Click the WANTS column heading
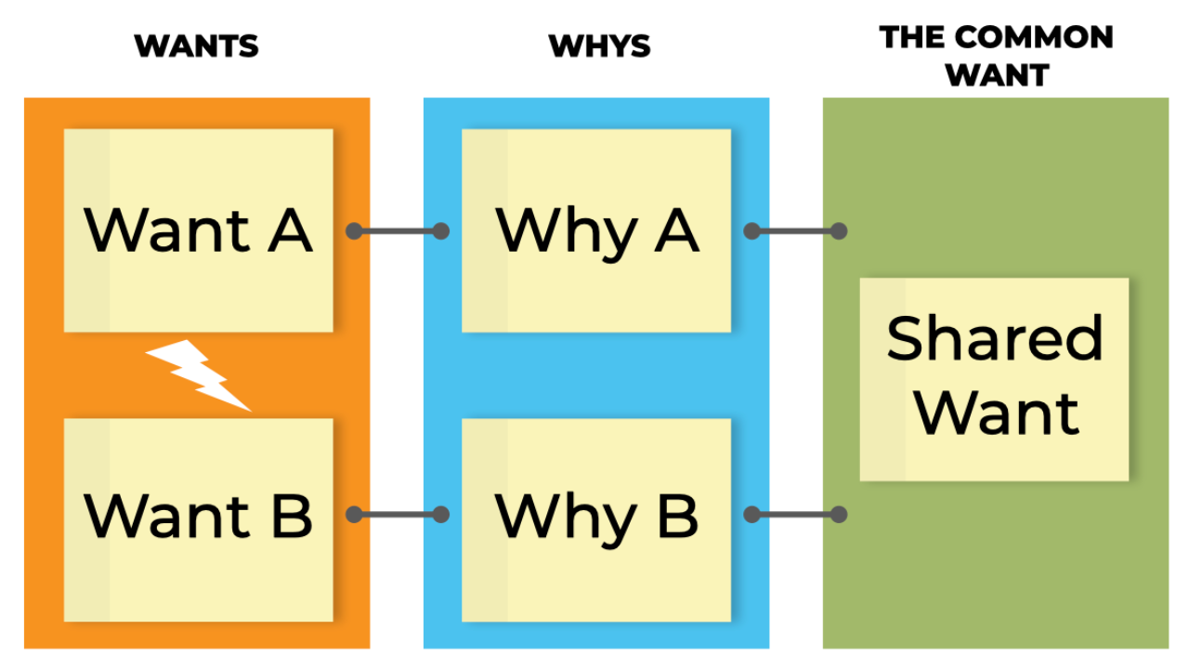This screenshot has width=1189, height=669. pos(196,46)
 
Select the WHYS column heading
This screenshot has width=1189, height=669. pos(599,46)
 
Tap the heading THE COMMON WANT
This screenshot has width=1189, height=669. pos(997,56)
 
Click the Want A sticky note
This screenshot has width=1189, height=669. pos(199,230)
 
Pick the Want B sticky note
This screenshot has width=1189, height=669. pos(199,519)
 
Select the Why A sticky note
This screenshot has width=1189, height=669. pos(596,230)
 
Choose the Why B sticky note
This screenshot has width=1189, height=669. pos(596,519)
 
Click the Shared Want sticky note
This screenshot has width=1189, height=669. pos(994,379)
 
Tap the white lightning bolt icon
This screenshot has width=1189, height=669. pos(199,374)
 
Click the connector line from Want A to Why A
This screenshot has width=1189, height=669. pos(398,231)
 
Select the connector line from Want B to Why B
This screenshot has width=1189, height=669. pos(398,514)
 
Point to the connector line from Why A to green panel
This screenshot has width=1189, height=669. pos(795,231)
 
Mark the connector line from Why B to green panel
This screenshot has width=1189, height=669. pos(795,514)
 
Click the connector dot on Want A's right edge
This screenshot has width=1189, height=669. pos(354,231)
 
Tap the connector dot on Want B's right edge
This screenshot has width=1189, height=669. pos(354,514)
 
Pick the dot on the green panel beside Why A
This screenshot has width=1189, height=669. pos(839,231)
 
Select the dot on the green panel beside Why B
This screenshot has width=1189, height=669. pos(839,514)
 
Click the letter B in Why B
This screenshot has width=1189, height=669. pos(678,516)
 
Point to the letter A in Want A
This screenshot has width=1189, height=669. pos(290,230)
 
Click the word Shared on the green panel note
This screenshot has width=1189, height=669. pos(995,338)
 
